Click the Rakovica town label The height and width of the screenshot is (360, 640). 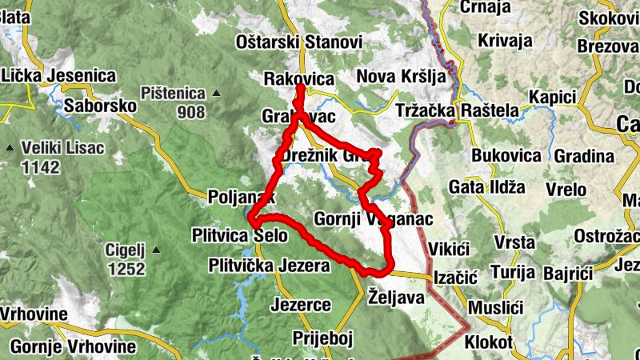298,78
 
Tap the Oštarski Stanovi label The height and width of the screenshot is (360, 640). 299,42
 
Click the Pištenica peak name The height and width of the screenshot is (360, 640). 172,94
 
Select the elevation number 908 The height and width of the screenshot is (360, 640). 190,112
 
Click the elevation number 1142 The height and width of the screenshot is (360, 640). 42,167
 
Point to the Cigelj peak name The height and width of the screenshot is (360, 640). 124,250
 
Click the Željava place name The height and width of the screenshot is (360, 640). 395,296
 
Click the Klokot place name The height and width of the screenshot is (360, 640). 488,342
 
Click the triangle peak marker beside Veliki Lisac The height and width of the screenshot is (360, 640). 10,148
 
